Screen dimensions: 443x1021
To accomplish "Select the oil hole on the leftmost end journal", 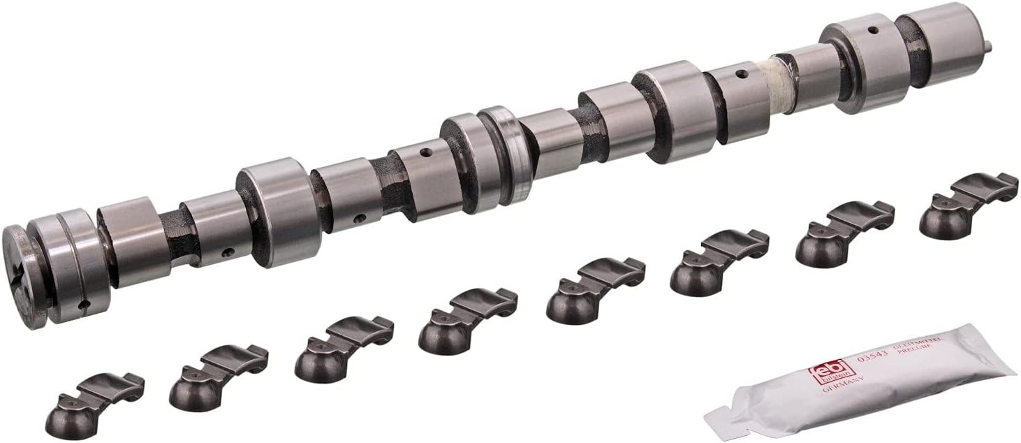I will (83, 304).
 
